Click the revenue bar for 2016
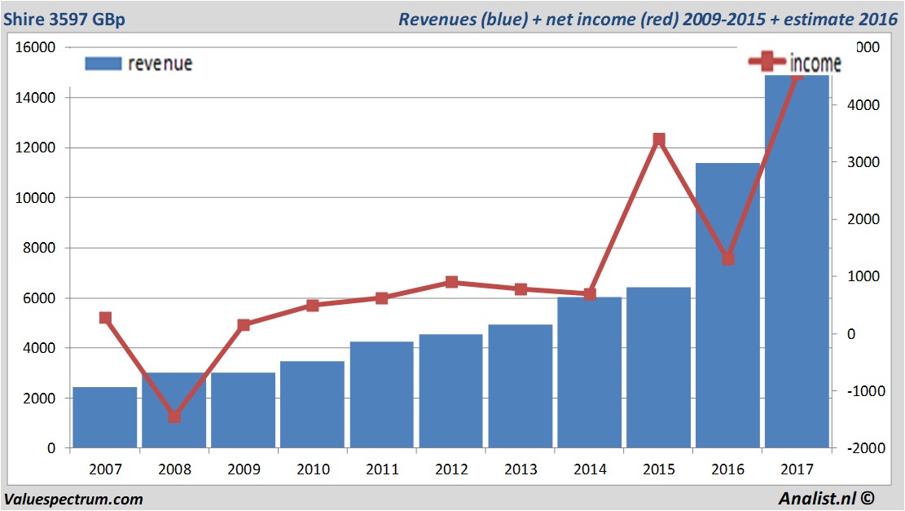point(728,306)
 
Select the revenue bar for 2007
point(105,417)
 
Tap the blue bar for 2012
point(451,391)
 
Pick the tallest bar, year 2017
point(797,261)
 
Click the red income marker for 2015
point(659,140)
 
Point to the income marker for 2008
point(174,416)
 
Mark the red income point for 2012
point(451,282)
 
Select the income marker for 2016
point(728,258)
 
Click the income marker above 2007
point(105,318)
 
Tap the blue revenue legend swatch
point(103,64)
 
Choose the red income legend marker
point(767,61)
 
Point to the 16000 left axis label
point(36,47)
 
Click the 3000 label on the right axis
point(859,162)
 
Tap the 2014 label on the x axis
point(590,469)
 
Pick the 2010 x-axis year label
point(313,469)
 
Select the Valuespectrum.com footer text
point(73,499)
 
